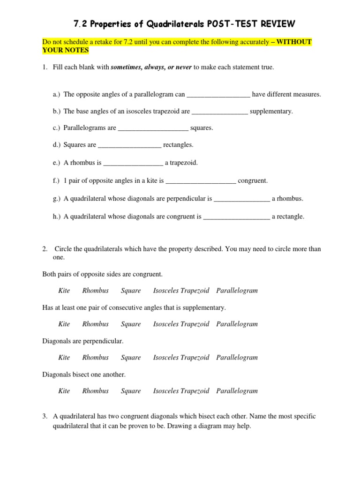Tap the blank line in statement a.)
click(x=218, y=95)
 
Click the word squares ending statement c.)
click(x=202, y=127)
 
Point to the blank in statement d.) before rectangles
click(x=129, y=145)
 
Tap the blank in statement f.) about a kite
click(x=201, y=180)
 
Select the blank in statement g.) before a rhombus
click(x=241, y=199)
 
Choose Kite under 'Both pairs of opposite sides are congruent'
click(x=64, y=291)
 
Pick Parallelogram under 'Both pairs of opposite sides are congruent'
click(x=237, y=291)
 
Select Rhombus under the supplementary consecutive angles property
click(x=95, y=324)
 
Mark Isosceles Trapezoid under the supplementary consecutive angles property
click(x=181, y=324)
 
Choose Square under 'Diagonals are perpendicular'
click(x=131, y=358)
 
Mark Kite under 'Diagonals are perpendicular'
click(x=64, y=358)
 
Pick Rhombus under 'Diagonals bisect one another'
click(x=95, y=391)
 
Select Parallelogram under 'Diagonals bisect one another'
click(x=237, y=391)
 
